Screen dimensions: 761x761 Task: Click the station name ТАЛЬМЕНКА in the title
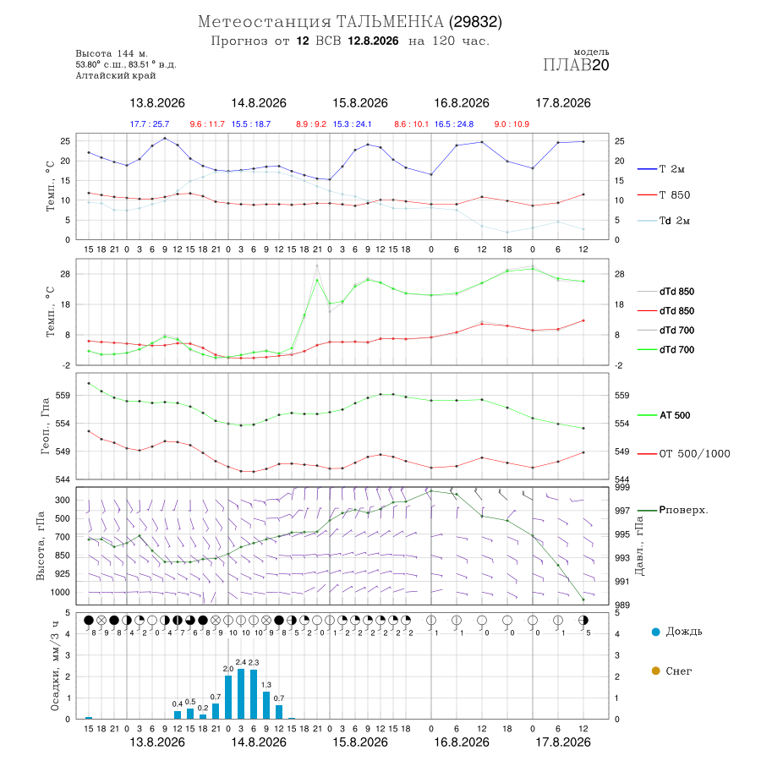coord(390,22)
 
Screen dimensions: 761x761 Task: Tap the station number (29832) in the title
coord(475,22)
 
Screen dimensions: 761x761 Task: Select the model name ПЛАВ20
coord(576,65)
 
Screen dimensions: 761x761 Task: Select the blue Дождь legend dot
coord(655,632)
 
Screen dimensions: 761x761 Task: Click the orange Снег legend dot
coord(655,671)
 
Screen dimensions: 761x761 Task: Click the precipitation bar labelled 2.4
coord(241,693)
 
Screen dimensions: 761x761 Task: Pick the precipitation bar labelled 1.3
coord(266,705)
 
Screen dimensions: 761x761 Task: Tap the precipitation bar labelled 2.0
coord(228,698)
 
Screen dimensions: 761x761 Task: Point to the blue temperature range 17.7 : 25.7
coord(150,124)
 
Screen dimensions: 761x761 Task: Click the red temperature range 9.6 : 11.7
coord(207,124)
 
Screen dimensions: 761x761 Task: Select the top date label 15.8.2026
coord(360,103)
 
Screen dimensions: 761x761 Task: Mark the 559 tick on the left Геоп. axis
coord(63,396)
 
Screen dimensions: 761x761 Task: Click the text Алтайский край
coord(116,75)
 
